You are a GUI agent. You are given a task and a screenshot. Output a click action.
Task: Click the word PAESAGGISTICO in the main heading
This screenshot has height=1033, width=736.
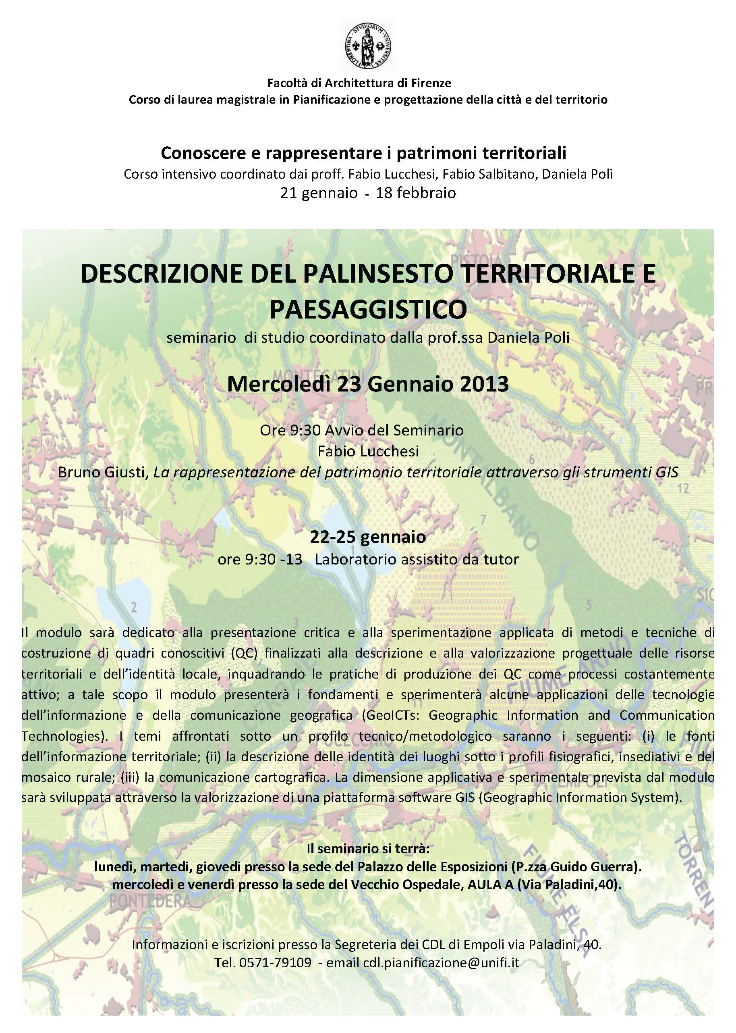368,309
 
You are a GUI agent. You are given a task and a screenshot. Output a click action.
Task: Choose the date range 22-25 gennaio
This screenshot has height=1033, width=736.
368,537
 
